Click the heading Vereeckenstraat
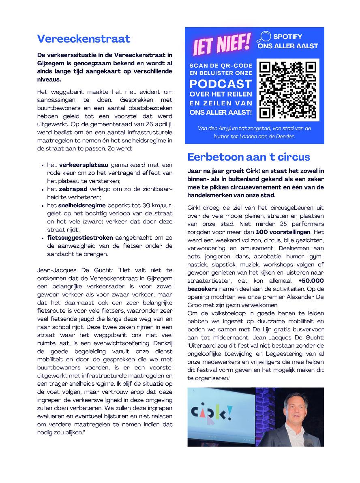click(x=84, y=39)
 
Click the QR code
click(x=287, y=90)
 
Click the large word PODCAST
click(x=221, y=84)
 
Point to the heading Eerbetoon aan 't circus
click(x=249, y=157)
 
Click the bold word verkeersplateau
click(x=84, y=165)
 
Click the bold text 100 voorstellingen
click(x=283, y=232)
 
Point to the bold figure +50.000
click(x=311, y=281)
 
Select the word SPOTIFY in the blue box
click(x=287, y=36)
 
